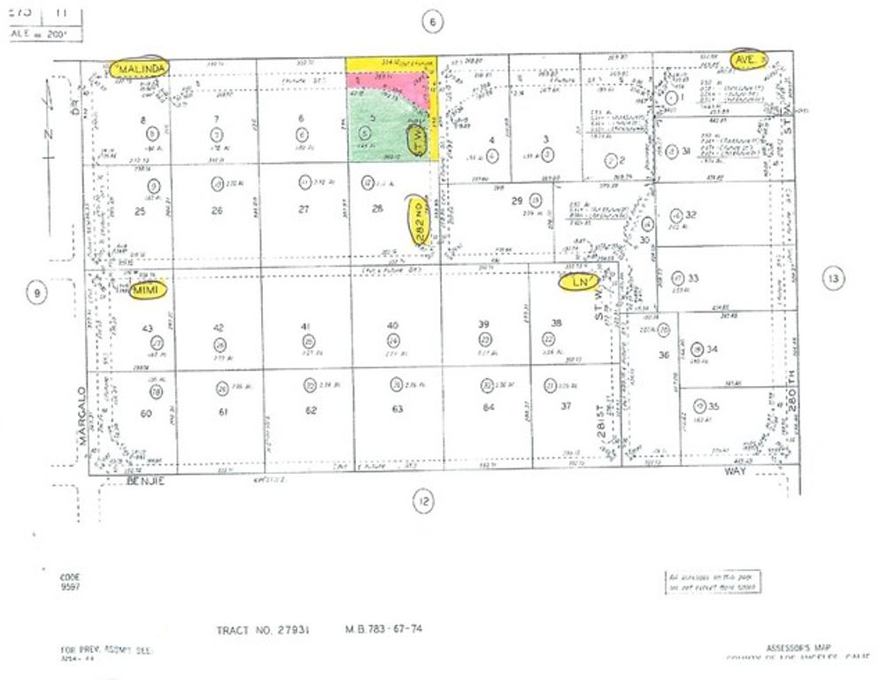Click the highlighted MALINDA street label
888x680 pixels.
(x=141, y=68)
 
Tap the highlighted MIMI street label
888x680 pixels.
(x=147, y=290)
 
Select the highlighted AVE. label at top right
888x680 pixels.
(x=747, y=58)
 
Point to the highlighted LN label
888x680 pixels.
(x=581, y=282)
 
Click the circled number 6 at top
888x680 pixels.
(x=431, y=23)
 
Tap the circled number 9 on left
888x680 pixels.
(x=35, y=293)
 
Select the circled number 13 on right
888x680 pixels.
(x=832, y=280)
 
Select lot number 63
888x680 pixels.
(x=398, y=409)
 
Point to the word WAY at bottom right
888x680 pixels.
(x=735, y=472)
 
